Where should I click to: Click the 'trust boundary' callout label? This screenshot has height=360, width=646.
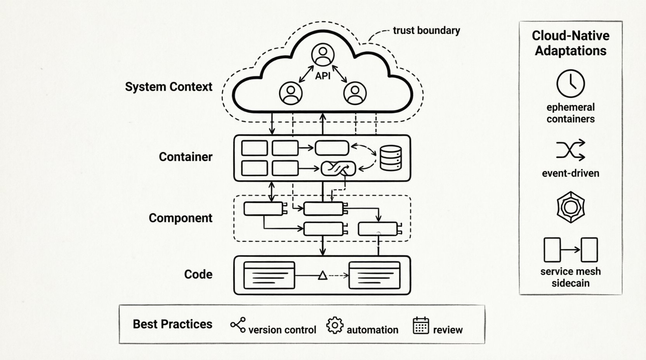click(x=426, y=31)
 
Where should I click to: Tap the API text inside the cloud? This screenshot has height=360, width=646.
click(x=323, y=76)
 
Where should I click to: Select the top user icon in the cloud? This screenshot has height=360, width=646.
click(x=323, y=55)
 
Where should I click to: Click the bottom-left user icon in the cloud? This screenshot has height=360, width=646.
click(x=291, y=93)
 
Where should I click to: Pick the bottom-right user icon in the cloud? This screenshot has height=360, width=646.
click(x=354, y=93)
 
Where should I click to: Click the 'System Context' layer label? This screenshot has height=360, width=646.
click(x=168, y=87)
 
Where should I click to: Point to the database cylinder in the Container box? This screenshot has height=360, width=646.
click(x=391, y=158)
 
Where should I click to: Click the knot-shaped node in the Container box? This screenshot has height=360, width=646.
click(x=338, y=168)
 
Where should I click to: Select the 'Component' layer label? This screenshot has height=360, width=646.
click(x=181, y=218)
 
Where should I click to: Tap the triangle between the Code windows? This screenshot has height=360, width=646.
click(x=323, y=276)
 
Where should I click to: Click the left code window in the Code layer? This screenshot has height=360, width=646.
click(x=269, y=275)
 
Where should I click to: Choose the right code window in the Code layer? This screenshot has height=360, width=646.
click(x=374, y=275)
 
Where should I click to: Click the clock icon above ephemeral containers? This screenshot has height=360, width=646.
click(x=570, y=83)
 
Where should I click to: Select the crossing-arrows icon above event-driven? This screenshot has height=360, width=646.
click(x=570, y=150)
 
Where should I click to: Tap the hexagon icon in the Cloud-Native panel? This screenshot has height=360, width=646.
click(x=570, y=207)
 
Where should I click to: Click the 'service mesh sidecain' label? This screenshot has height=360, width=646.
click(x=570, y=277)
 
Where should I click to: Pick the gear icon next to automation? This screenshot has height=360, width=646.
click(x=335, y=325)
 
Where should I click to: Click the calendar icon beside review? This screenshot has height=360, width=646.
click(x=421, y=325)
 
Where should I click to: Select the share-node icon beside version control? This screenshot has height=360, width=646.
click(x=238, y=325)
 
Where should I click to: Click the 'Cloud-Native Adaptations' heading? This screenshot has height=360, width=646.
click(x=570, y=43)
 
